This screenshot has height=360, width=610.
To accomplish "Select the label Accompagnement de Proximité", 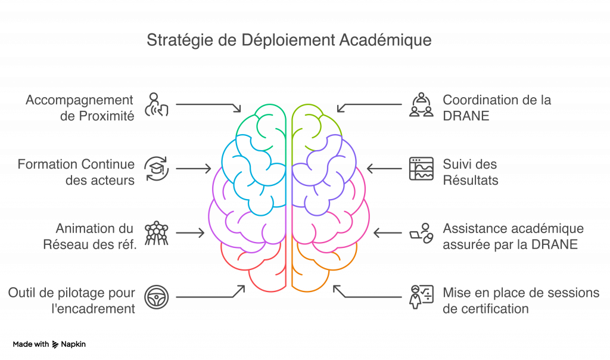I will [x=79, y=107].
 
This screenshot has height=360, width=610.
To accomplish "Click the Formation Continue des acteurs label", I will [x=76, y=172].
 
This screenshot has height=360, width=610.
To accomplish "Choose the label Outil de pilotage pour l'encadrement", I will [x=71, y=300].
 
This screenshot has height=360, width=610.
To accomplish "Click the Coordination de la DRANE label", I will [x=496, y=107].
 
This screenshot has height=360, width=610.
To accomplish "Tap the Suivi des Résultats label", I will [x=469, y=172].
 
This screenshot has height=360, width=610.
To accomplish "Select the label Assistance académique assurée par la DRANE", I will [x=512, y=236].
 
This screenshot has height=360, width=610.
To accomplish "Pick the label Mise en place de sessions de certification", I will [x=520, y=300].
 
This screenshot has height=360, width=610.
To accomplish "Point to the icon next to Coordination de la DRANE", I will [x=421, y=104].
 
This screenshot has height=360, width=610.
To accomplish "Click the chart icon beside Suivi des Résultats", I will [x=421, y=169].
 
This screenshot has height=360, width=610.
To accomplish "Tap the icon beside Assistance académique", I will [x=421, y=233].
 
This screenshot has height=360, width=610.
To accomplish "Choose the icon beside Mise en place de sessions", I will [x=421, y=297].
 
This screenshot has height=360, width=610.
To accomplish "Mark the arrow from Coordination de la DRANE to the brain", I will [x=369, y=105].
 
